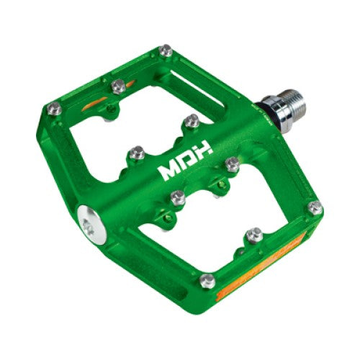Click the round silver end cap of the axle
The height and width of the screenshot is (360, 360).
(x=91, y=225)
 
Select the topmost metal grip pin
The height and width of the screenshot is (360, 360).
(x=166, y=50)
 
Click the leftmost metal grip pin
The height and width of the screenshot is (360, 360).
(x=54, y=109)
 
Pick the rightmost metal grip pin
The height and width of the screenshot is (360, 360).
(x=315, y=208)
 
